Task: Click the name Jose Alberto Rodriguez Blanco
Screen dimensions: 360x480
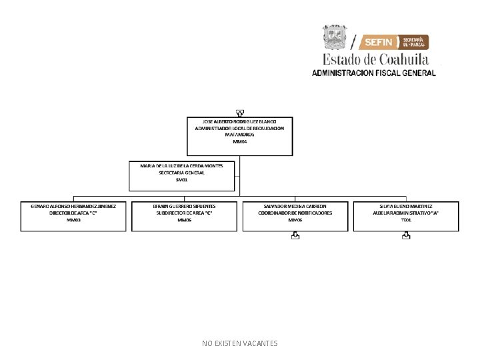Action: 239,121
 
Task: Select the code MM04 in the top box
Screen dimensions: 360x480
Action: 239,141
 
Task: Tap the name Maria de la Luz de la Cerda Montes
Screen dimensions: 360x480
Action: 182,165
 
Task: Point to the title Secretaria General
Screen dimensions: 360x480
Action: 182,172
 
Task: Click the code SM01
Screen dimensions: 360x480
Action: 182,179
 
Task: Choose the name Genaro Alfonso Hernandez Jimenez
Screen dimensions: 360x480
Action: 73,206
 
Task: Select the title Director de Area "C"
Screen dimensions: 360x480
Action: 73,213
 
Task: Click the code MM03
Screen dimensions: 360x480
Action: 73,219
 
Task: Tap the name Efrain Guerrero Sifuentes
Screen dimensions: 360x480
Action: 185,206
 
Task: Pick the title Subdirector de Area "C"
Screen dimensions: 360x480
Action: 185,213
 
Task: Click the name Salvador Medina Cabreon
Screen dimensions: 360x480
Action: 295,206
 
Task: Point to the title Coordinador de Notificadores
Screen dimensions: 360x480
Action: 295,213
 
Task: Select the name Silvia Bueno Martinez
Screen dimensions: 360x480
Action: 406,206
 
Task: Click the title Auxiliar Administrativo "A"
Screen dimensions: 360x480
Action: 406,213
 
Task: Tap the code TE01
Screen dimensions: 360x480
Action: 406,219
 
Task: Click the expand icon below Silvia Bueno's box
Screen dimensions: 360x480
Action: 406,235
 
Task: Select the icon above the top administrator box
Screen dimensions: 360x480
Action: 239,113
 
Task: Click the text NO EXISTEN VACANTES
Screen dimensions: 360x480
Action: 239,343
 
